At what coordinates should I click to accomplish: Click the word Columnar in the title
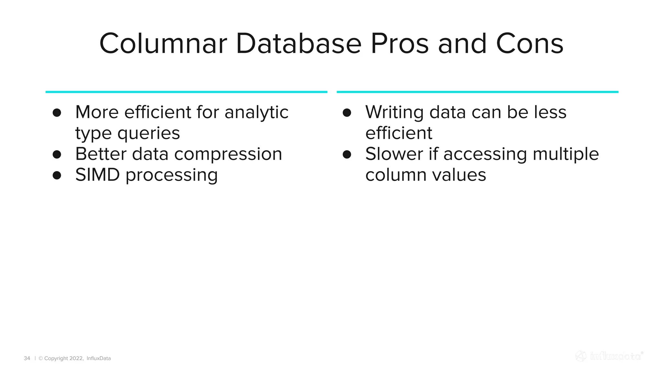[163, 44]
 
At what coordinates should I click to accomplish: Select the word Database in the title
[298, 44]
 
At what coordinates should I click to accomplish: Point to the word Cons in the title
[530, 44]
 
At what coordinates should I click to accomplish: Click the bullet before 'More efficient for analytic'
[57, 113]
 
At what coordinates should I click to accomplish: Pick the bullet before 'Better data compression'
[57, 154]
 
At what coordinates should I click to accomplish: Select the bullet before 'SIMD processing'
[57, 175]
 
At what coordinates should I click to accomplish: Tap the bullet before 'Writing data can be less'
[347, 113]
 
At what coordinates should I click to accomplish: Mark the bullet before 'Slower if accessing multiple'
[347, 154]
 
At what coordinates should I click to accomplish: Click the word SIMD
[97, 175]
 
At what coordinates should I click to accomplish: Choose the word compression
[228, 154]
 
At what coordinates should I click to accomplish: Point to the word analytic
[256, 113]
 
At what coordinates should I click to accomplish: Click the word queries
[149, 133]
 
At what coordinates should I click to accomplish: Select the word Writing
[394, 113]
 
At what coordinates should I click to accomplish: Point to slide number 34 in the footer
[27, 358]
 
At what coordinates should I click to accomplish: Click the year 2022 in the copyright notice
[76, 358]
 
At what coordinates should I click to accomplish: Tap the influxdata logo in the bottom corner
[609, 356]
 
